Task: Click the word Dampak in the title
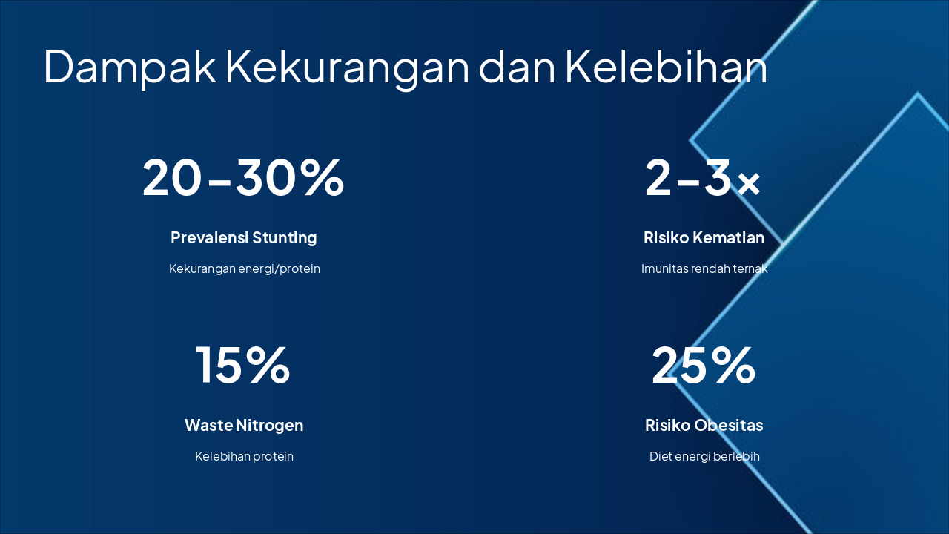130,67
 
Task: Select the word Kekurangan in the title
347,67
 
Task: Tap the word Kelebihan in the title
666,67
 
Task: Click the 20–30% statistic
243,178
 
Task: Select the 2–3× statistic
703,178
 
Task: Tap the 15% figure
243,365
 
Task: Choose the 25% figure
703,365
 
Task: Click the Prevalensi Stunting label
243,238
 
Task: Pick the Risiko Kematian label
704,238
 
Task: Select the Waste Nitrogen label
243,426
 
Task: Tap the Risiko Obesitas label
704,426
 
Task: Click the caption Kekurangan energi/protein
244,269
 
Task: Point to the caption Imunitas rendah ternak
704,269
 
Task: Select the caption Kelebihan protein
244,456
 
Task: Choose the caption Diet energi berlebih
704,456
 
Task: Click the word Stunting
285,238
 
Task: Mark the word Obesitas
729,426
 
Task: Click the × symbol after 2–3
749,183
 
